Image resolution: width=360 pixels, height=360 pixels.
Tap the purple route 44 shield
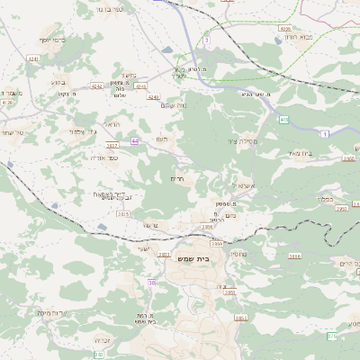point(134,140)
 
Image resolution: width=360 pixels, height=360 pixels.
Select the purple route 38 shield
point(151,283)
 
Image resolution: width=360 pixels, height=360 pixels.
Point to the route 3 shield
point(206,40)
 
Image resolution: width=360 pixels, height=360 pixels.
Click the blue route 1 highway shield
point(323,133)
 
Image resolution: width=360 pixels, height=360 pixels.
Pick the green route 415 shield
point(283,118)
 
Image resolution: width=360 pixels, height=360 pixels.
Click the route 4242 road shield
point(97,87)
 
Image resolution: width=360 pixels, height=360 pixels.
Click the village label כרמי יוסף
point(53,40)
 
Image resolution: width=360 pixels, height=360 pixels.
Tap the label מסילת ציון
point(243,141)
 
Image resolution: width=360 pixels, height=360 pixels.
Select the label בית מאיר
point(301,154)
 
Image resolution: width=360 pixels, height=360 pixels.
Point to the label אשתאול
point(245,186)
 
